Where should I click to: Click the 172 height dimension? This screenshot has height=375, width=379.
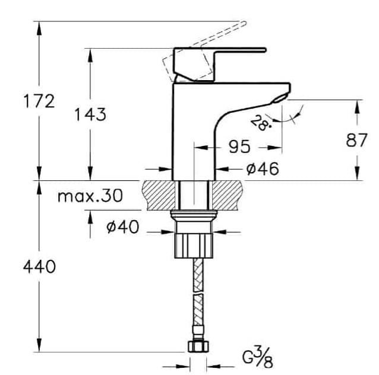tap(39, 101)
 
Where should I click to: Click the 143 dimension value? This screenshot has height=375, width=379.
tap(91, 114)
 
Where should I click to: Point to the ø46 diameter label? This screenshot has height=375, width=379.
tap(262, 169)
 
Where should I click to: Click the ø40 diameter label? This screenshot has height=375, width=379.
tap(123, 227)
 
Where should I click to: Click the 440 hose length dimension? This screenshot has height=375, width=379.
tap(39, 267)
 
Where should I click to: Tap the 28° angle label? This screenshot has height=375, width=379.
tap(260, 124)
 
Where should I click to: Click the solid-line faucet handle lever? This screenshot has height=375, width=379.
tap(238, 52)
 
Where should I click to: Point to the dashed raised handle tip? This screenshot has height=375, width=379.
tap(241, 25)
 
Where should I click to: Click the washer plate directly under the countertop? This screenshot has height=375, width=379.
tap(194, 215)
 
